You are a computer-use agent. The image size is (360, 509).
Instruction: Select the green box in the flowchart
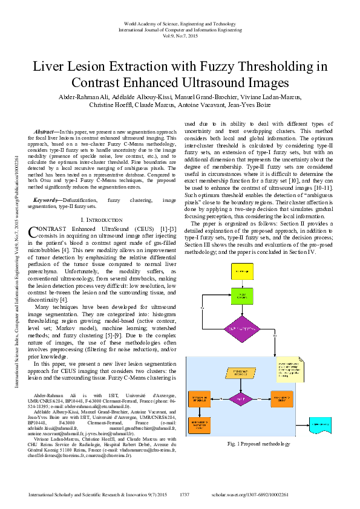click(242, 297)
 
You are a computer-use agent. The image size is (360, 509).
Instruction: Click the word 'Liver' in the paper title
click(49, 65)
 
